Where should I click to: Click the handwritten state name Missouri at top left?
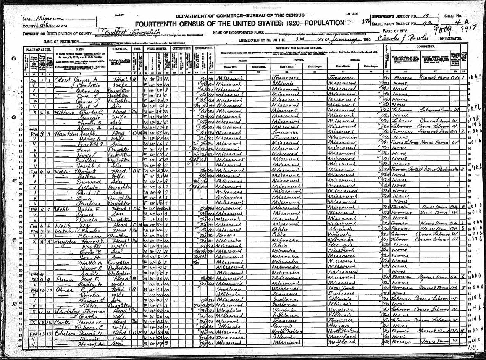coord(48,18)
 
